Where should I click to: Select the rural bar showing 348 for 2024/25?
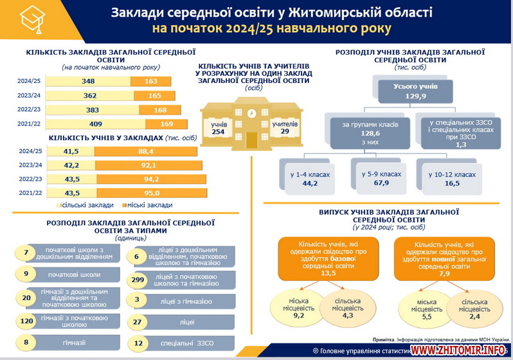tap(89, 82)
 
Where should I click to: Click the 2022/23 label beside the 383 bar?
tap(30, 110)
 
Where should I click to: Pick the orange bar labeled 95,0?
tap(151, 193)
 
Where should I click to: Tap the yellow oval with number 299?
tap(137, 280)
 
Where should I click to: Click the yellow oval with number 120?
tap(26, 319)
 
